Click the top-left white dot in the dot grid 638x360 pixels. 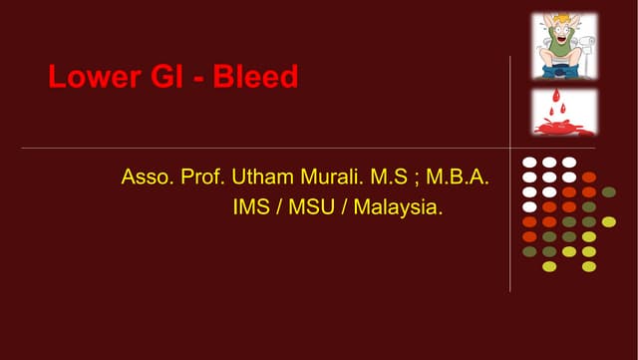529,162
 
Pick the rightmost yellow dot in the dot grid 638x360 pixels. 609,221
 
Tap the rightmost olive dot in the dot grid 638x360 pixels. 609,191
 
